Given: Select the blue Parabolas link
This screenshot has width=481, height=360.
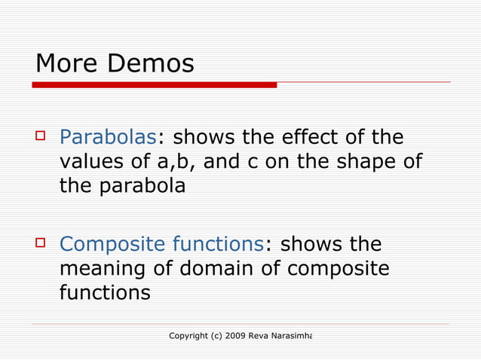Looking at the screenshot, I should [x=108, y=138].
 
